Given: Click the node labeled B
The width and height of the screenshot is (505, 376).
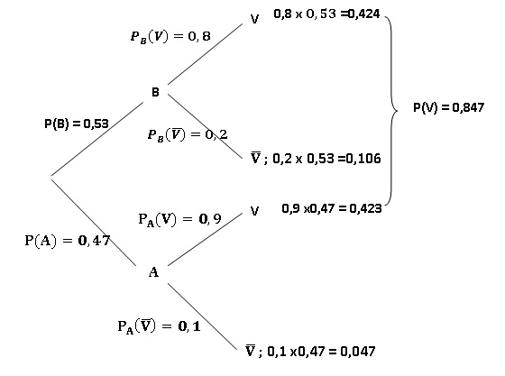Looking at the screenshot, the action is (155, 92).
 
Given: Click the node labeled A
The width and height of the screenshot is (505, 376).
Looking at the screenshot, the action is (153, 272).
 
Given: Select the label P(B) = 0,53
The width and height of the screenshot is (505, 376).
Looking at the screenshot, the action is (77, 124).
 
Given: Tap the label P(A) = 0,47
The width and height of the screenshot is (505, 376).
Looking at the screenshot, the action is (68, 241).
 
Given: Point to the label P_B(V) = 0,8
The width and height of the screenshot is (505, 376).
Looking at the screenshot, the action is (170, 36).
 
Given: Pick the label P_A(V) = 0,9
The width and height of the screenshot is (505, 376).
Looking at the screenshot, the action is (179, 219).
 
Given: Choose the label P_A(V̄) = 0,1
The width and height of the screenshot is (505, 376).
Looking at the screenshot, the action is (159, 326).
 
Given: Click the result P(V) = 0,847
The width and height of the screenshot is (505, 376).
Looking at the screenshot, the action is (449, 107).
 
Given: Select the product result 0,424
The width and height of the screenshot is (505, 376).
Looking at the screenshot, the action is (364, 14).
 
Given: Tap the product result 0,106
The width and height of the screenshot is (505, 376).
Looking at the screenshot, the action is (363, 159).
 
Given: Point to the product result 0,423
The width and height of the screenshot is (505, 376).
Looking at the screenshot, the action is (365, 208).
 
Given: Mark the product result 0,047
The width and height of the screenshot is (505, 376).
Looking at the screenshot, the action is (358, 352).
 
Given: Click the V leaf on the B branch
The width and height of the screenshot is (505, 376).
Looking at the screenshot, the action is (254, 19).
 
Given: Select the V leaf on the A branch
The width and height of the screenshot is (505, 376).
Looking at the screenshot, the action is (254, 211).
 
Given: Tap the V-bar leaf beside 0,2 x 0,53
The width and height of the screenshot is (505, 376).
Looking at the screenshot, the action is (255, 158).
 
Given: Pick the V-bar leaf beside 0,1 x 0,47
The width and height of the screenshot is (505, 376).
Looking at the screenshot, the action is (251, 350).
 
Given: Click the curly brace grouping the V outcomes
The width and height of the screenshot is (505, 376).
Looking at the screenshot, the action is (392, 110).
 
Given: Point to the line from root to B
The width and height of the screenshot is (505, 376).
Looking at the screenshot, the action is (97, 139).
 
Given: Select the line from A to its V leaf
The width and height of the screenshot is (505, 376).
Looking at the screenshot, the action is (205, 239).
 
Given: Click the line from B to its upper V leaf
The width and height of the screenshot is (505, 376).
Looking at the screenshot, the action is (205, 54).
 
